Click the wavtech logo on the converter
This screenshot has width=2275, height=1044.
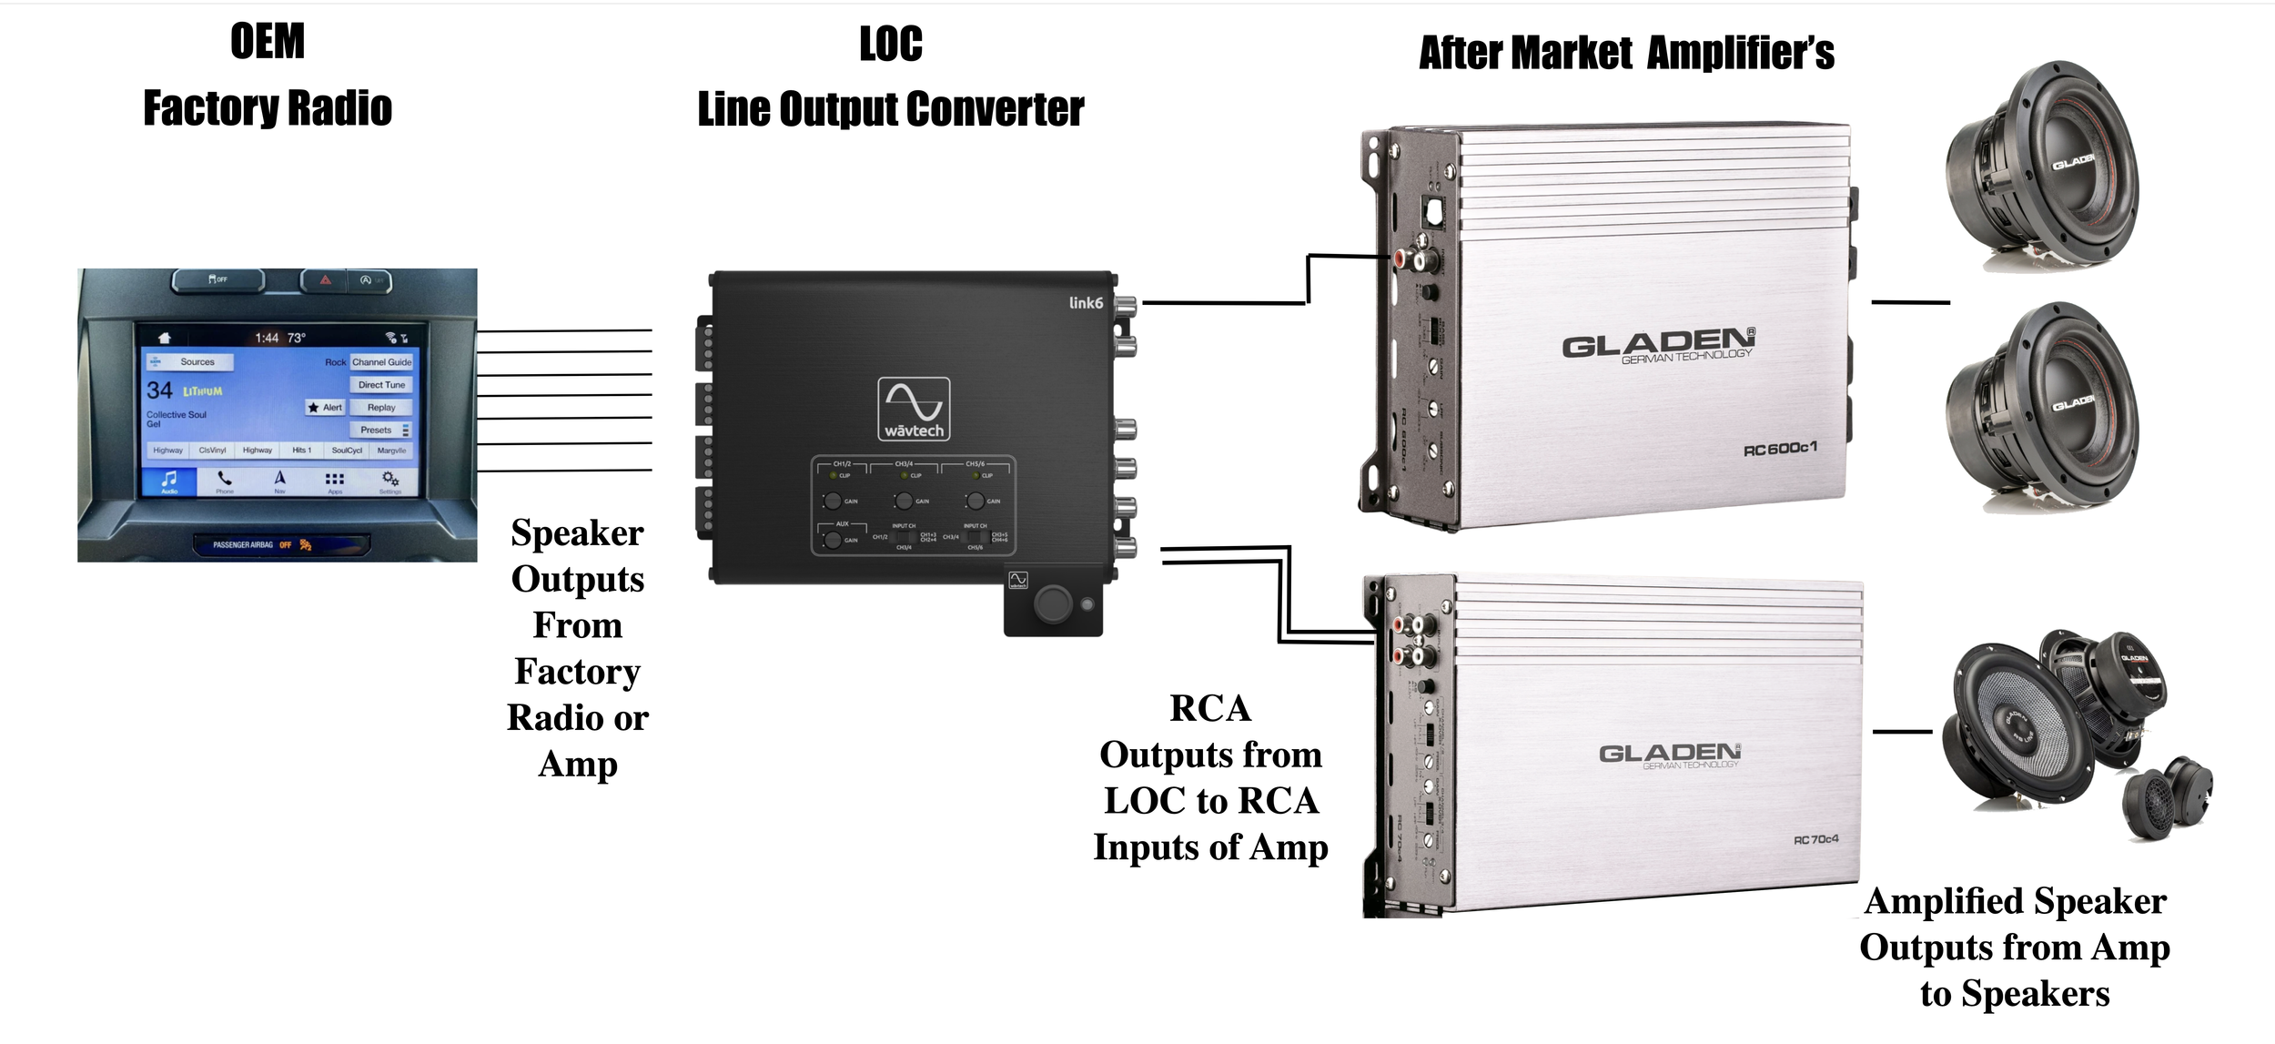tap(914, 409)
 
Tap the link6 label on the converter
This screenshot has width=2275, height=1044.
tap(1086, 303)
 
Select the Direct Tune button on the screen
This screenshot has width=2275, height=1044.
tap(381, 385)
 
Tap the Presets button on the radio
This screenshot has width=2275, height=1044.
tap(378, 430)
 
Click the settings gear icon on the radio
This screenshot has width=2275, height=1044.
tap(389, 479)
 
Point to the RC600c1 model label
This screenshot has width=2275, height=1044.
tap(1779, 450)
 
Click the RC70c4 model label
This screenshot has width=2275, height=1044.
tap(1815, 839)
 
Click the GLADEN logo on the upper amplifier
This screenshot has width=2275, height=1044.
tap(1658, 345)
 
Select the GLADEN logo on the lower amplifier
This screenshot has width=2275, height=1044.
tap(1670, 754)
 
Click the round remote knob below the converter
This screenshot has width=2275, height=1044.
tap(1053, 603)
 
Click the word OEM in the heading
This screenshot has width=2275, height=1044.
tap(267, 42)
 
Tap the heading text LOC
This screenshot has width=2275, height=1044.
tap(891, 44)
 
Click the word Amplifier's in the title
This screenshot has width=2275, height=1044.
tap(1740, 53)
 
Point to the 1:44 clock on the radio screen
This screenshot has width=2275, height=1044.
tap(267, 338)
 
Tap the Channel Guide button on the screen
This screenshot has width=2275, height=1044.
tap(381, 362)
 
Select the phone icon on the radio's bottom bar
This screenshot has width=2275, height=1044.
tap(225, 479)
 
